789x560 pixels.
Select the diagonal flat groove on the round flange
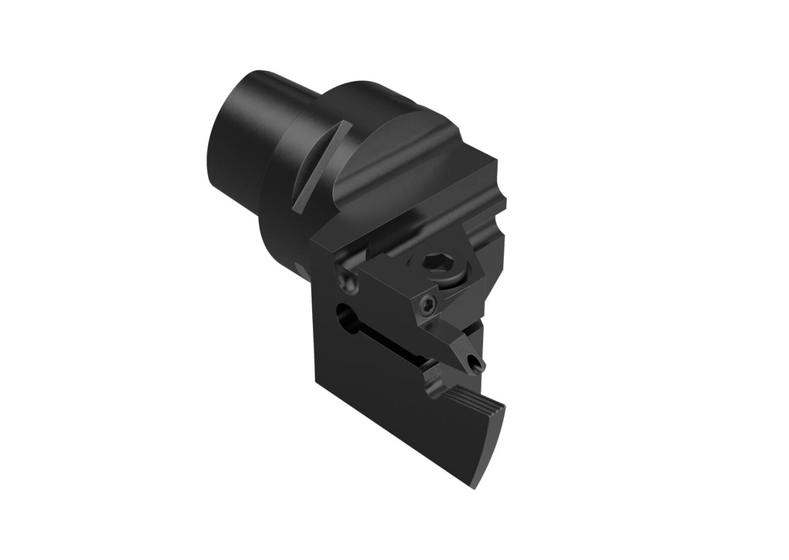[x=320, y=165]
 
